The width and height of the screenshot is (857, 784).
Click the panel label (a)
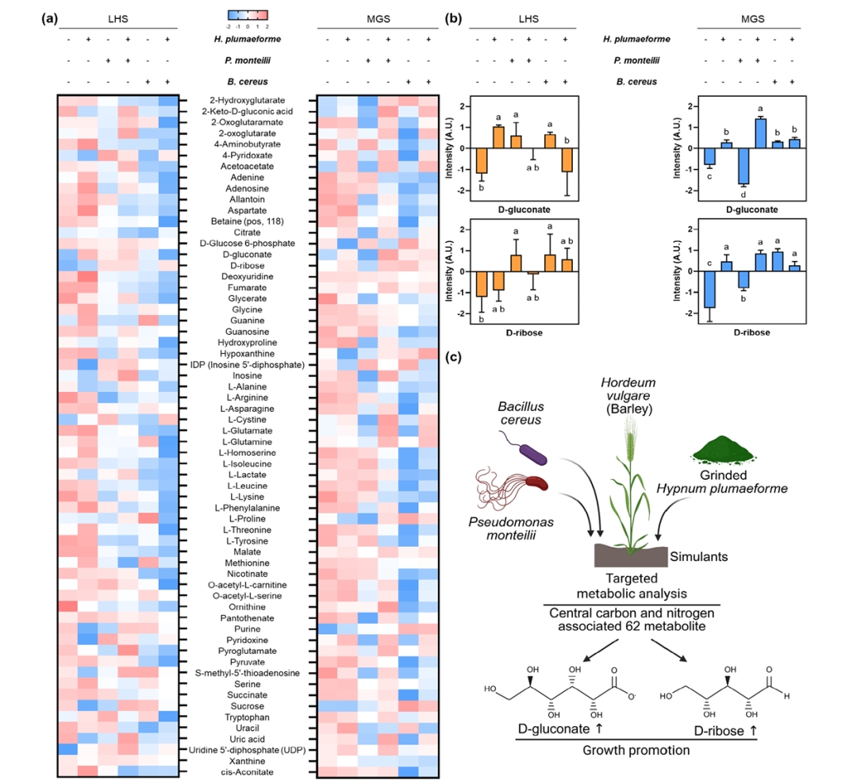click(49, 17)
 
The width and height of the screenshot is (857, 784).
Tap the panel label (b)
click(454, 17)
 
